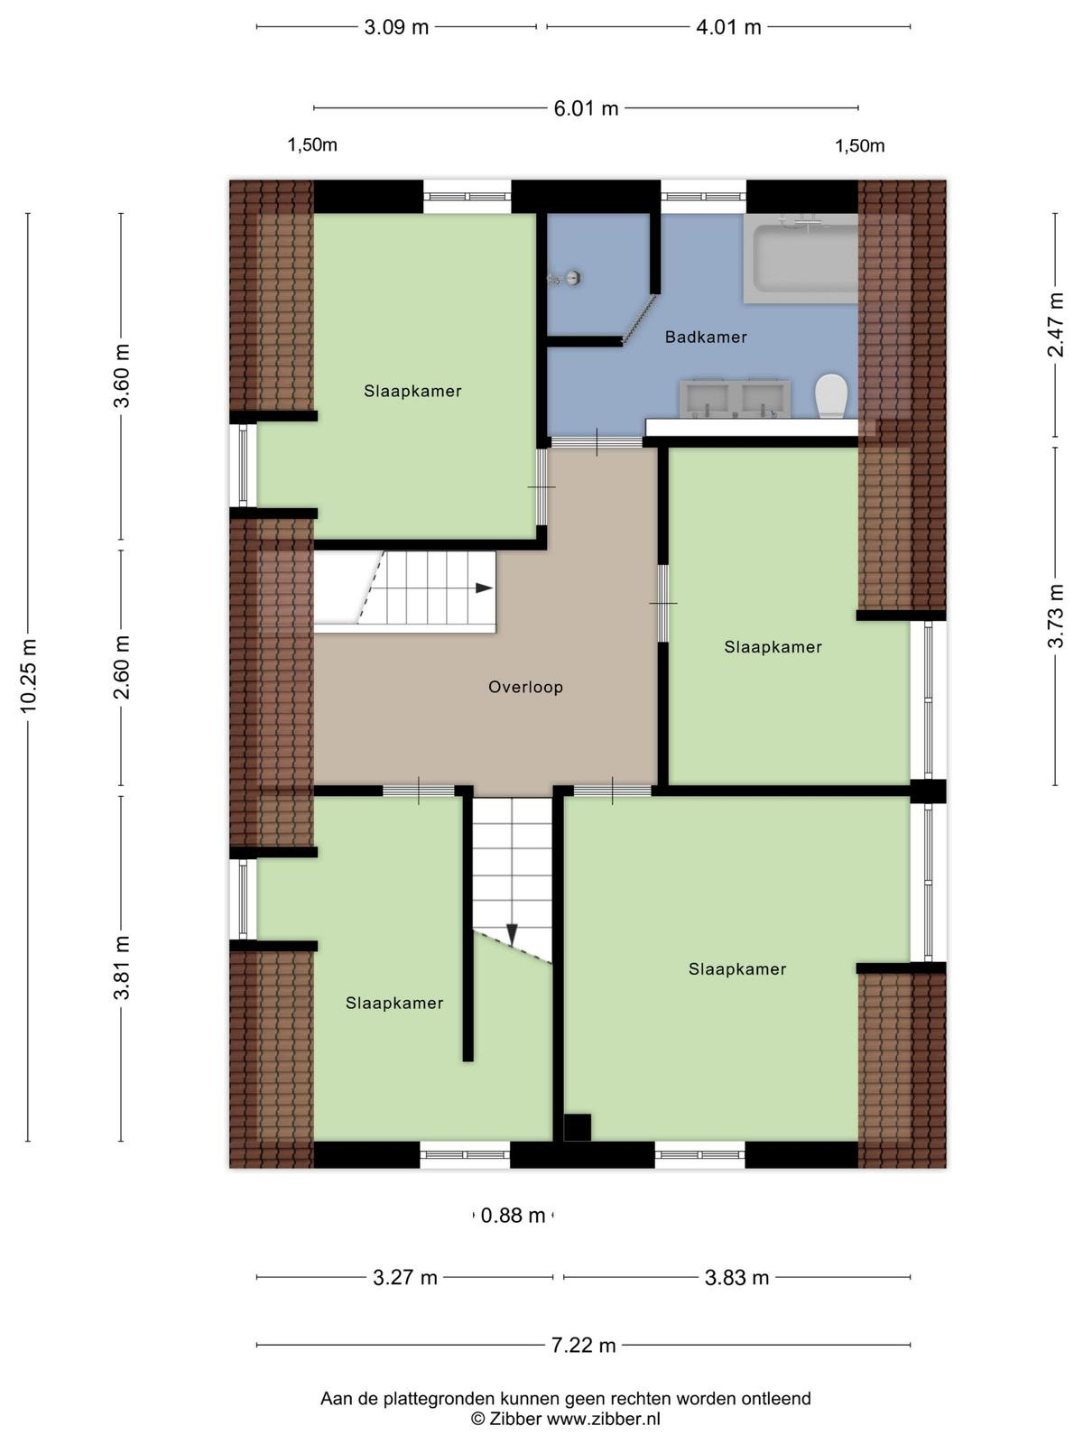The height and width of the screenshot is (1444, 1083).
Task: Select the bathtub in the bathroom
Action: [801, 258]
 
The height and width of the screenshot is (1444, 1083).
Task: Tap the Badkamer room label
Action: [706, 338]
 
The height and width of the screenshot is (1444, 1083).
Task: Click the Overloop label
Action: [525, 688]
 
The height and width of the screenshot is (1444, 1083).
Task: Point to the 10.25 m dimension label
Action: [28, 676]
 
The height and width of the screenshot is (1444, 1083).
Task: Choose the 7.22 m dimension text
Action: [583, 1346]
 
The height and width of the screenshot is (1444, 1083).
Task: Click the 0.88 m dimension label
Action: [513, 1215]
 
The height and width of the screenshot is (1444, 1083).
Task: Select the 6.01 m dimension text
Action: [586, 108]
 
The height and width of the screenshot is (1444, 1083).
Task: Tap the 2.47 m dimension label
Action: [1055, 325]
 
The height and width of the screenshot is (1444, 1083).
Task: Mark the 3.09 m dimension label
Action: [396, 28]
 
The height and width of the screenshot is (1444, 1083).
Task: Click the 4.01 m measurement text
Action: [728, 28]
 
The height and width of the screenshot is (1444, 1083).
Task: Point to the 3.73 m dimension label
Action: [1055, 616]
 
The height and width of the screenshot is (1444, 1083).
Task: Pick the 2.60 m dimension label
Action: [122, 668]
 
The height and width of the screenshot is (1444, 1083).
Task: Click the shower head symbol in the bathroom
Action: [564, 278]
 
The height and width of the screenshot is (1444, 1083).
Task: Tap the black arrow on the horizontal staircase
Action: [484, 588]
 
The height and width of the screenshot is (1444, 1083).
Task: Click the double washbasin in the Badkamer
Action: [736, 399]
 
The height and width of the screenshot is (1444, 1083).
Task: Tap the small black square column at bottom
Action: [578, 1127]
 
